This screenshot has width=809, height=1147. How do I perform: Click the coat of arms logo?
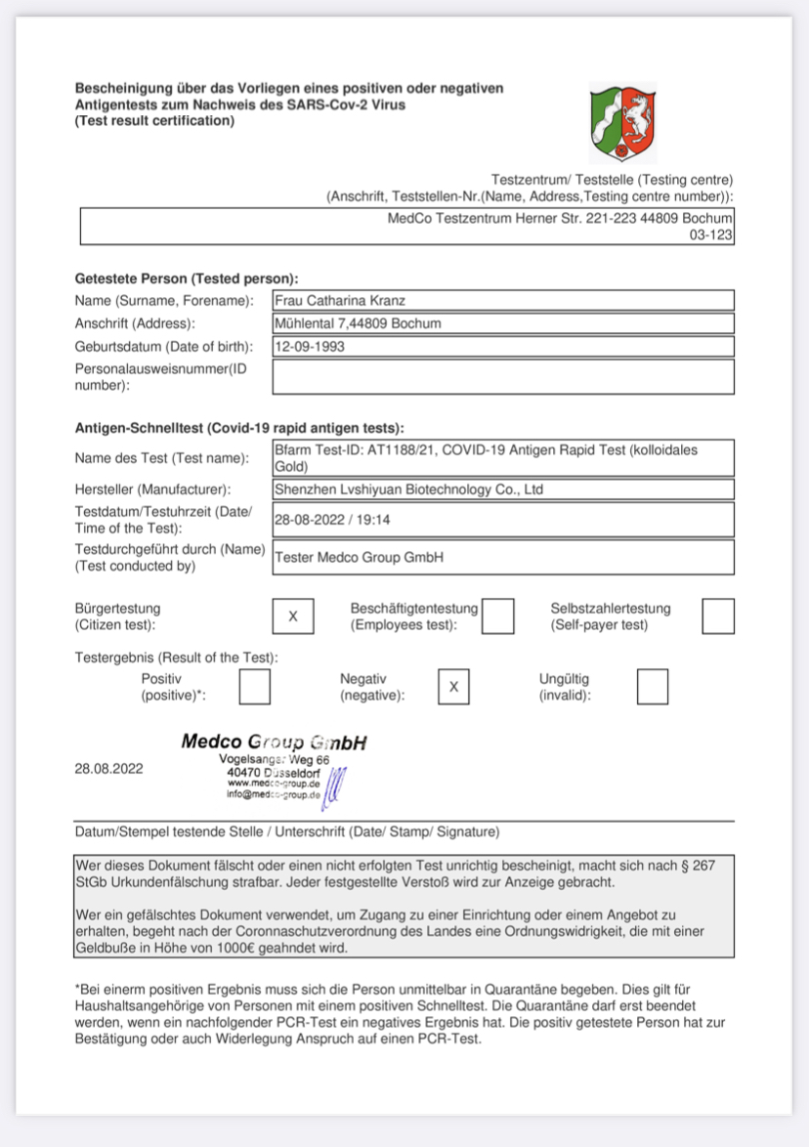[623, 122]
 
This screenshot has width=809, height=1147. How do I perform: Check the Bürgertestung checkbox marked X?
[293, 616]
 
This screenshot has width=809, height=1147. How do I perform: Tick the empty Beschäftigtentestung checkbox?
[498, 616]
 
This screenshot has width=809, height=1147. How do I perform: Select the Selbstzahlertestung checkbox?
[718, 616]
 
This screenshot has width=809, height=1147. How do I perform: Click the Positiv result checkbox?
[255, 687]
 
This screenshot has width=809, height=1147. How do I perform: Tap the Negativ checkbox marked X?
[453, 687]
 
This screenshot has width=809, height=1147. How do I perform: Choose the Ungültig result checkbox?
[653, 687]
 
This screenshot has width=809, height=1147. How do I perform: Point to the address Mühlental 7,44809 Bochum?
[358, 323]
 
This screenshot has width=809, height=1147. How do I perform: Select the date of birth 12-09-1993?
[310, 346]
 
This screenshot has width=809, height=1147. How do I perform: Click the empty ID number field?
[502, 377]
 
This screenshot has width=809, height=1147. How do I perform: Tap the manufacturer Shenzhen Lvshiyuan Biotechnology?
[408, 489]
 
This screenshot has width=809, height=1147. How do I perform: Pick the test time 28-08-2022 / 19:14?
[333, 520]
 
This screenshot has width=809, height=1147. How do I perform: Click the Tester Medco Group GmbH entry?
[360, 557]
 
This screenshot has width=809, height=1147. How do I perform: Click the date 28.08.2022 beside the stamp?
[108, 769]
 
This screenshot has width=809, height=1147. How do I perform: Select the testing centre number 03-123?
[711, 235]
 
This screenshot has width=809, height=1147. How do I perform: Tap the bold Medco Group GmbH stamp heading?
[274, 743]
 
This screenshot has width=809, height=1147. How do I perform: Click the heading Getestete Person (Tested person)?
[187, 278]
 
